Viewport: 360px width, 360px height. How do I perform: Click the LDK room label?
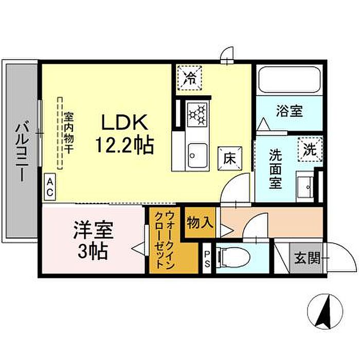pyautogui.click(x=124, y=122)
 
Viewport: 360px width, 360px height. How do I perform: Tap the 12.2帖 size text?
pyautogui.click(x=124, y=145)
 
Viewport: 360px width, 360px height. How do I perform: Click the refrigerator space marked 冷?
pyautogui.click(x=190, y=78)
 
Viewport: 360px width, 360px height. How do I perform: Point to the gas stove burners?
pyautogui.click(x=197, y=114)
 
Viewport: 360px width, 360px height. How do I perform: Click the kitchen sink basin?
pyautogui.click(x=197, y=155)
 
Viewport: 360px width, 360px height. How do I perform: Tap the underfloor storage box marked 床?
pyautogui.click(x=230, y=158)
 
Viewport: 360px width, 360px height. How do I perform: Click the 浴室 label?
pyautogui.click(x=289, y=112)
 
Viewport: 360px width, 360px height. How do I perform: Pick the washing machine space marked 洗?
pyautogui.click(x=311, y=149)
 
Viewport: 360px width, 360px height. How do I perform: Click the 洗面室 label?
pyautogui.click(x=276, y=169)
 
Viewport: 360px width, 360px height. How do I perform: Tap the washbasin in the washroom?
pyautogui.click(x=305, y=186)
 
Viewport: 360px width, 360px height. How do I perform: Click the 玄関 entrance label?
pyautogui.click(x=307, y=259)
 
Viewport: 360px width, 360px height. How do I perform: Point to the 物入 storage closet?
pyautogui.click(x=200, y=223)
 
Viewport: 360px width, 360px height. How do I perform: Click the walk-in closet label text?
pyautogui.click(x=165, y=241)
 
